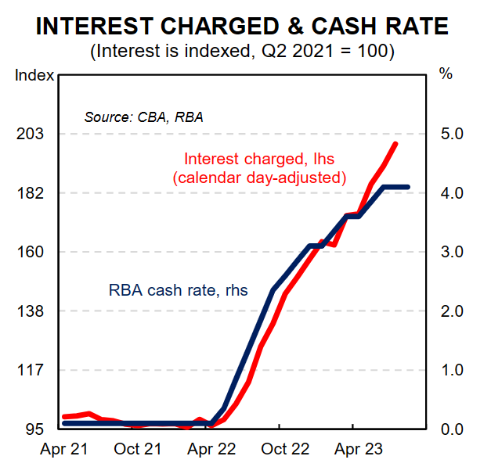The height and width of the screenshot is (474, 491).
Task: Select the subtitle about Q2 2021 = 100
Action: [243, 53]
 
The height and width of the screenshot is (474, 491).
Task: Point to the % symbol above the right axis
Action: [446, 75]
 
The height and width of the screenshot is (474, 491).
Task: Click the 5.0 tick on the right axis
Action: [451, 134]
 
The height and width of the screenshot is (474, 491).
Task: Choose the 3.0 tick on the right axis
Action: [451, 252]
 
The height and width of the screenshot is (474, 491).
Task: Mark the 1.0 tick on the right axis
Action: [451, 370]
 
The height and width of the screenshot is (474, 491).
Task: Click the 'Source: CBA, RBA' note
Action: [143, 118]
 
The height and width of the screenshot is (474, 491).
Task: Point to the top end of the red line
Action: [396, 144]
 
